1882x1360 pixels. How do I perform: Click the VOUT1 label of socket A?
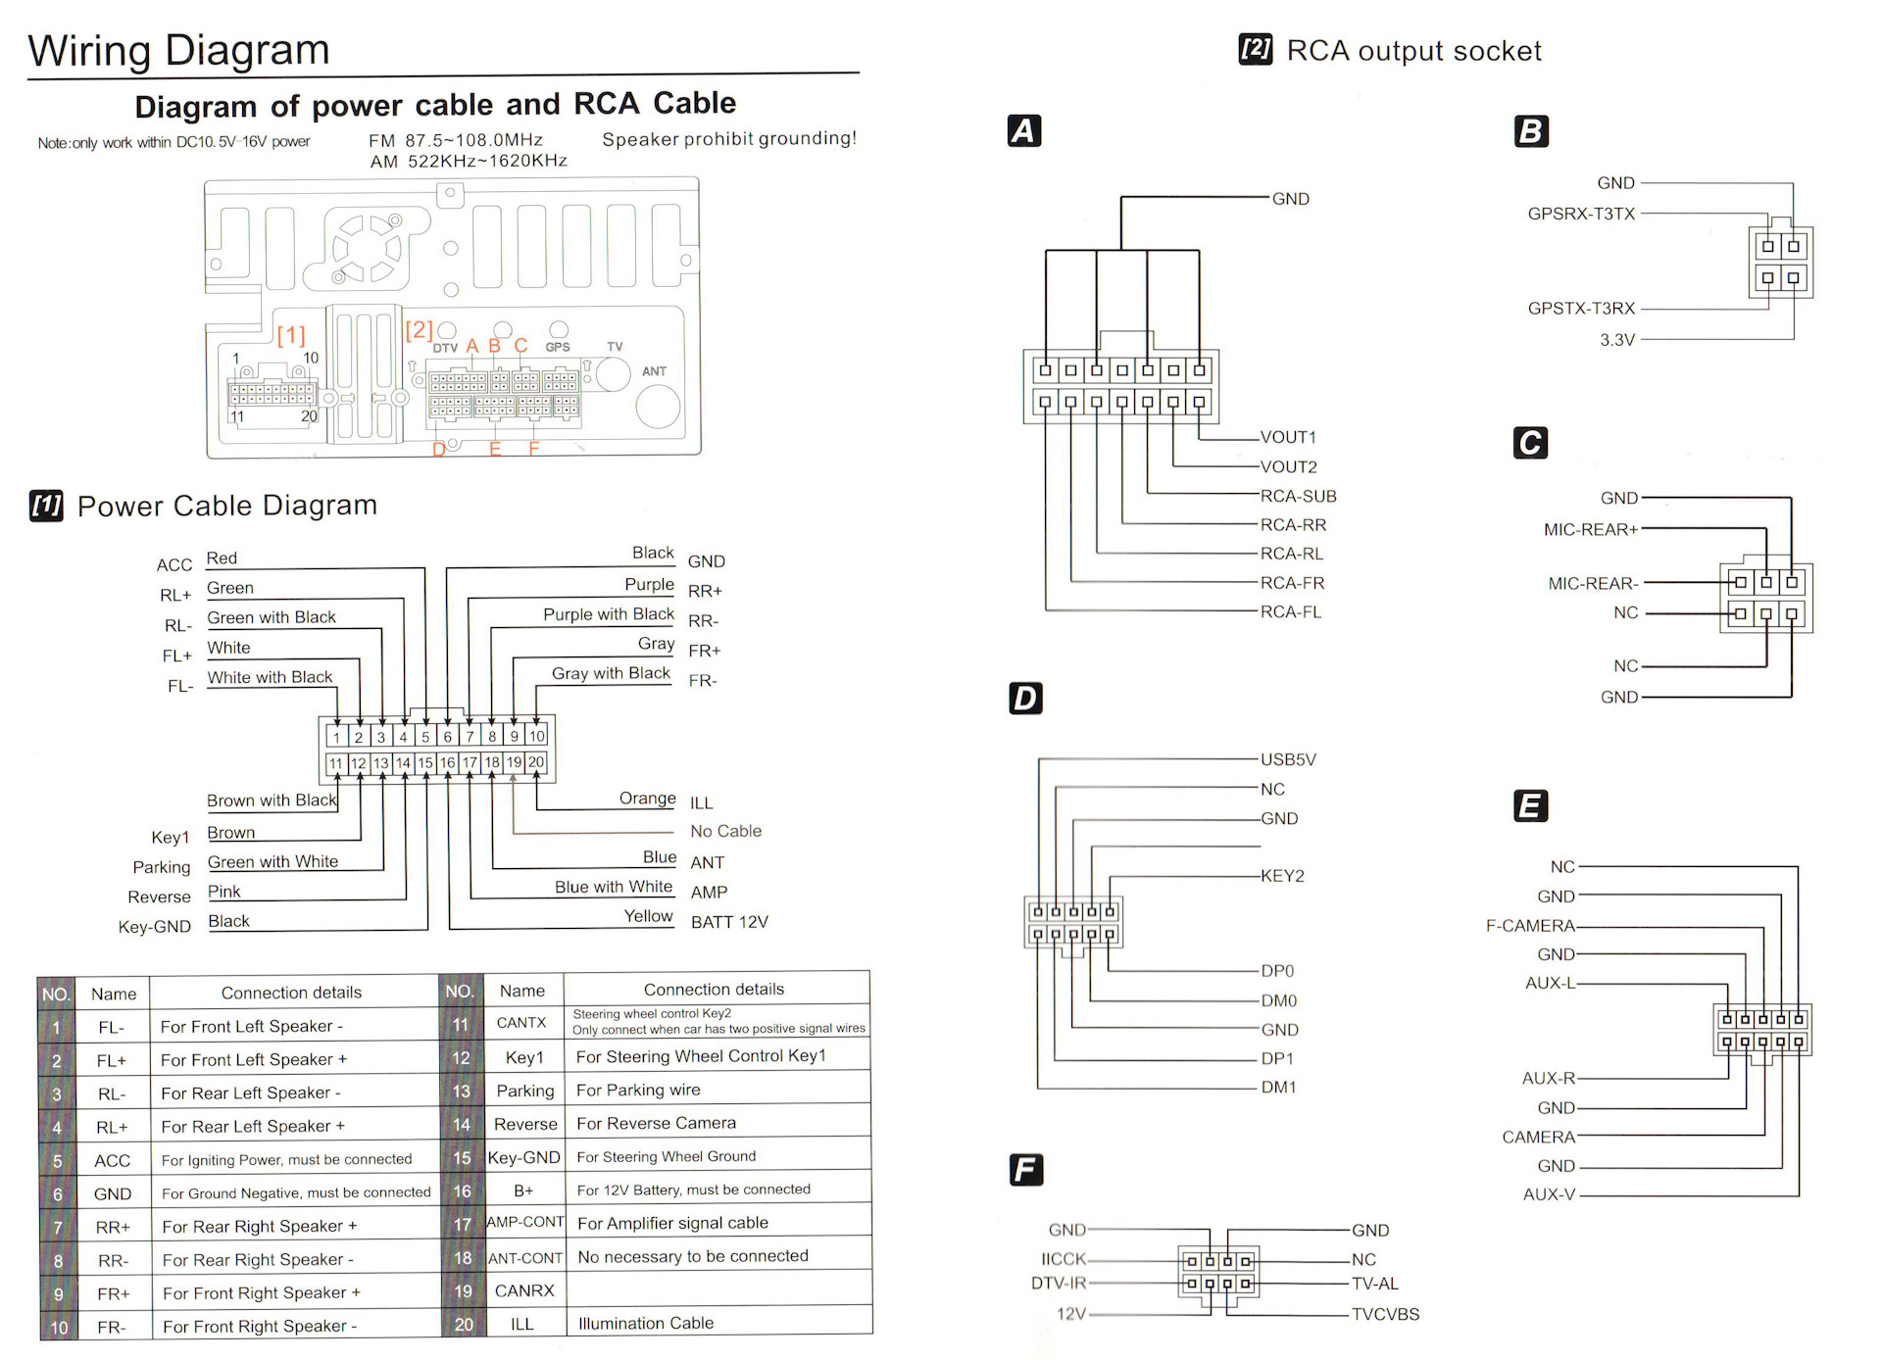click(x=1288, y=437)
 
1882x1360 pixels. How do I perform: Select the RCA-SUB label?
click(x=1299, y=496)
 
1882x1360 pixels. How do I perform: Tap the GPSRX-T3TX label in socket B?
click(x=1581, y=214)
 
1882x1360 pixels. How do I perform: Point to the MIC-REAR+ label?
click(x=1591, y=529)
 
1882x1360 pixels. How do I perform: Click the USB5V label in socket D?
click(x=1288, y=759)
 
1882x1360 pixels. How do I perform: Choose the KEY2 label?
click(x=1282, y=876)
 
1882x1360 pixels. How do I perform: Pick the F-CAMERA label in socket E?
click(x=1530, y=925)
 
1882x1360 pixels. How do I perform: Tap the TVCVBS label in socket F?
click(x=1385, y=1314)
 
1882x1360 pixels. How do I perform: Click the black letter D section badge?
click(x=1025, y=699)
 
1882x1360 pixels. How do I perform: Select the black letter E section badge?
click(x=1530, y=806)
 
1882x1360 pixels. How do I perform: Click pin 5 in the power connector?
click(x=425, y=736)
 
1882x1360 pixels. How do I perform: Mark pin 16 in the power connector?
click(x=447, y=762)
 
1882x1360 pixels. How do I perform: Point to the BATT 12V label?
click(x=729, y=922)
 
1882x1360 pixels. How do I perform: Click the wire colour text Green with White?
click(x=272, y=861)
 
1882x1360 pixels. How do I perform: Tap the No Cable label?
click(x=725, y=831)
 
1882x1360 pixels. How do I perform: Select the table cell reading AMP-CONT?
click(x=525, y=1222)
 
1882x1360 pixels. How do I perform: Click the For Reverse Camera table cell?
click(x=656, y=1123)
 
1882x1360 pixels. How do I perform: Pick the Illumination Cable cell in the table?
click(x=646, y=1323)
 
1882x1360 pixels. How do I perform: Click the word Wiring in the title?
click(x=89, y=51)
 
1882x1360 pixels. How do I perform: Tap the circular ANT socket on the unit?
click(x=658, y=406)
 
